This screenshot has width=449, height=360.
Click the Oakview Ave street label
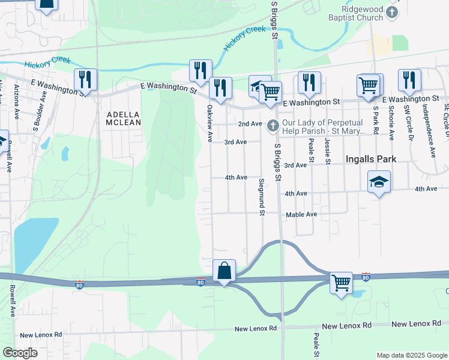210,124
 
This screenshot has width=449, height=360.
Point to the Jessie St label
328,150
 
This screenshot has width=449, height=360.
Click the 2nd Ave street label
250,124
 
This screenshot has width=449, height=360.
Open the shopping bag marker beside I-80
224,271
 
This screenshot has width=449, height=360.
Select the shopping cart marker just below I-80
341,281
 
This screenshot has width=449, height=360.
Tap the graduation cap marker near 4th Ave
379,181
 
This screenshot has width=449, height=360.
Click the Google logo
20,353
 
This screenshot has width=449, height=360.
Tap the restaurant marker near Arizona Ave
85,80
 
